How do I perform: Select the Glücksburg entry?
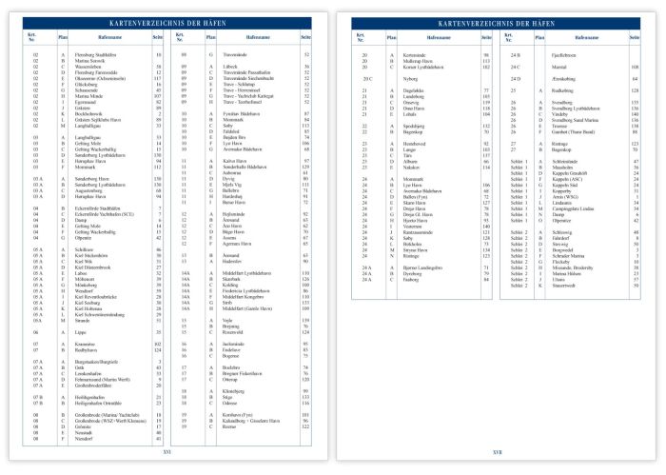(x=87, y=84)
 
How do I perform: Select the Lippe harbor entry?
(x=80, y=330)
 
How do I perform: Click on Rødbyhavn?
(x=87, y=351)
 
